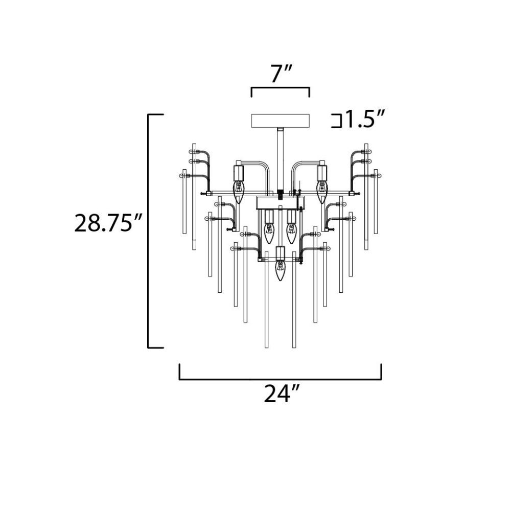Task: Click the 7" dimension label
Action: tap(280, 74)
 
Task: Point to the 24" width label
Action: tap(281, 394)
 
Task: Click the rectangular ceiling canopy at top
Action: tap(280, 121)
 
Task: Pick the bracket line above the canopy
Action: tap(280, 88)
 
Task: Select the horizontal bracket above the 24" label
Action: tap(280, 379)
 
